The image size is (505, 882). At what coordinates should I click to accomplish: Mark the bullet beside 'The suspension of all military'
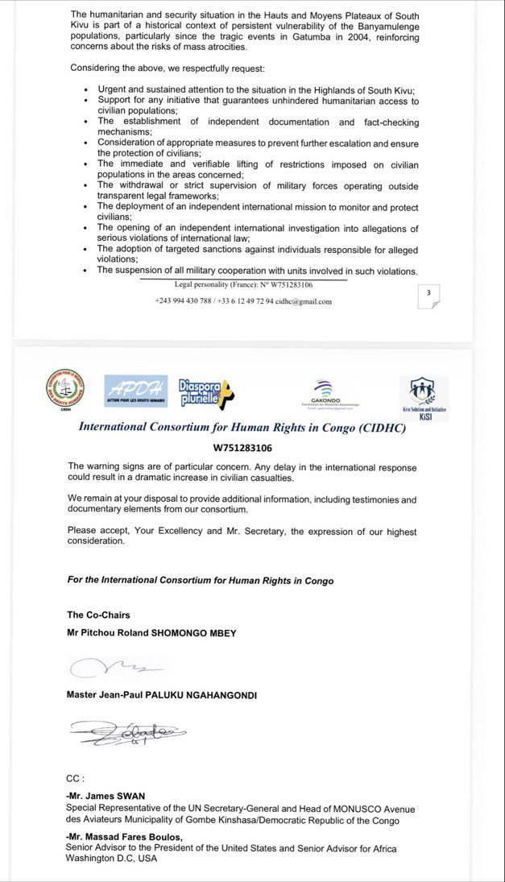[85, 270]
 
